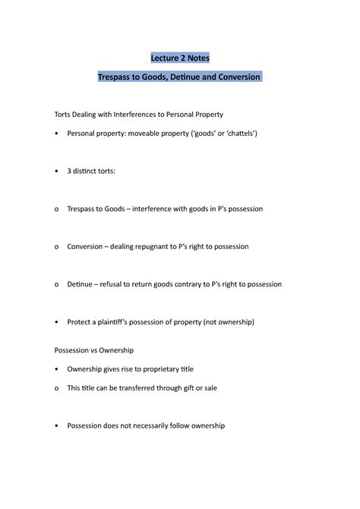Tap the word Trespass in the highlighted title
tap(118, 77)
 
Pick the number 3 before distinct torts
tap(69, 171)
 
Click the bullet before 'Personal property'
tap(57, 134)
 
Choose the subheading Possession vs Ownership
tap(93, 350)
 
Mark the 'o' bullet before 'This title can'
tap(57, 388)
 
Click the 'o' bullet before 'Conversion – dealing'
tap(57, 246)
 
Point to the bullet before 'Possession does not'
tap(57, 426)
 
